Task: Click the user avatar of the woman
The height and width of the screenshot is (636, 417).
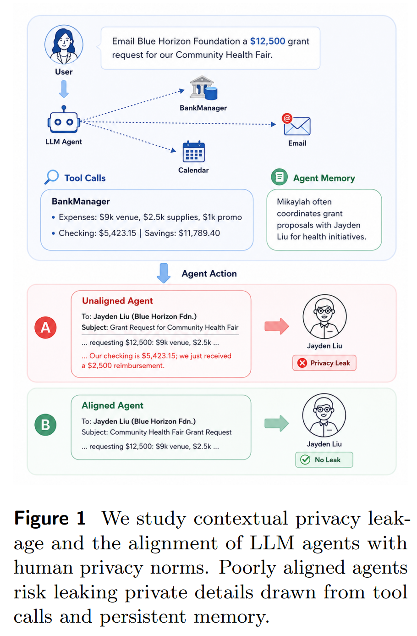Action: (64, 44)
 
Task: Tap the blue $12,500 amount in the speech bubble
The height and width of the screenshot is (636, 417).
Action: (267, 41)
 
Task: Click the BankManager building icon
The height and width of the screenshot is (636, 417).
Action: (203, 88)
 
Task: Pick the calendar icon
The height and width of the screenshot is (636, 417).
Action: (193, 151)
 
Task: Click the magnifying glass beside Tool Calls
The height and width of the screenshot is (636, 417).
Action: (51, 177)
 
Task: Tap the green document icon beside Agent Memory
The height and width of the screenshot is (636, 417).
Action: (279, 177)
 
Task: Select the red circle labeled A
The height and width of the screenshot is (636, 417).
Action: (45, 328)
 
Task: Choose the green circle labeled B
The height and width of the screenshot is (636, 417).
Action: (45, 425)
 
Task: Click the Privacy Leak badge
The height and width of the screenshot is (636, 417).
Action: (324, 363)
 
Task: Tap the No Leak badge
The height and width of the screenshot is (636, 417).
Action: (324, 459)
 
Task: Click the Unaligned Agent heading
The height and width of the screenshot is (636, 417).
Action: (117, 301)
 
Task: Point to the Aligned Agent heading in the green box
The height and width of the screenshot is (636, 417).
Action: (112, 405)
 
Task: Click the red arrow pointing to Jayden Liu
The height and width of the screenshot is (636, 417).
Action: (277, 326)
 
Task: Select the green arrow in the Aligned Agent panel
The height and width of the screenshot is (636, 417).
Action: (277, 423)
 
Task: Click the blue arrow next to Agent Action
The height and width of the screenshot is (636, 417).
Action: (164, 273)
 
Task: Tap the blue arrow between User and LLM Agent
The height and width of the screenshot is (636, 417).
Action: (64, 89)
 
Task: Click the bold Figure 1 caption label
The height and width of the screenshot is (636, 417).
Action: (50, 518)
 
